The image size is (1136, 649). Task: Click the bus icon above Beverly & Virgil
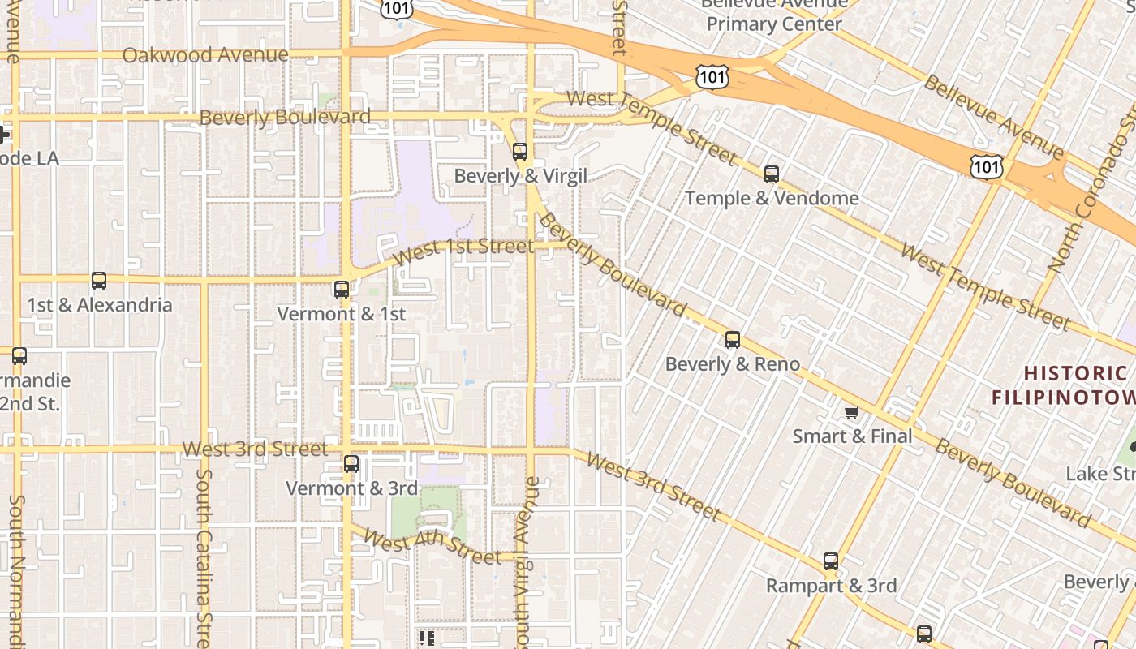click(520, 152)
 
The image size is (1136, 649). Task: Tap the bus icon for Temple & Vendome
click(772, 174)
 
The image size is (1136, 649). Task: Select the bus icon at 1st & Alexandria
click(99, 281)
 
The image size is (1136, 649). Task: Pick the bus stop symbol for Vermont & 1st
click(342, 290)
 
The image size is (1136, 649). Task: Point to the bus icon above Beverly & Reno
click(733, 340)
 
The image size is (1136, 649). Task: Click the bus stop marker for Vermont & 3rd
click(351, 464)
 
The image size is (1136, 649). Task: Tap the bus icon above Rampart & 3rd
click(831, 561)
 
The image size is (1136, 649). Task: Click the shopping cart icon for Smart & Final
click(852, 413)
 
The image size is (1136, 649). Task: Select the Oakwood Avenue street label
click(205, 55)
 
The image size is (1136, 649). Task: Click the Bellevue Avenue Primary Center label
click(774, 15)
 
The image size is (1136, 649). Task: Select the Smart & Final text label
click(852, 436)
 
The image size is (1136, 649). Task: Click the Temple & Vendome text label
click(772, 198)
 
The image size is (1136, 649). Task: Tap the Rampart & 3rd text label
click(831, 586)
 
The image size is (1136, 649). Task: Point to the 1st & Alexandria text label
click(100, 305)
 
